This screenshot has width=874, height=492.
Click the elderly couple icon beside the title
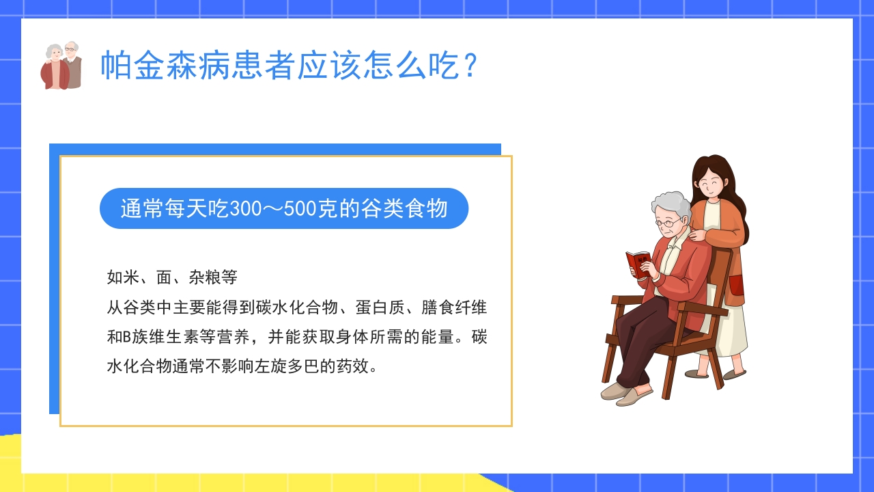(61, 66)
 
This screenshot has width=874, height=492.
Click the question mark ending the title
(470, 66)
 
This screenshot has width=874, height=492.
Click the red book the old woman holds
(638, 264)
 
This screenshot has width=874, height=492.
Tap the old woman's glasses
(668, 223)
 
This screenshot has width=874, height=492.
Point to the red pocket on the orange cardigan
(736, 285)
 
